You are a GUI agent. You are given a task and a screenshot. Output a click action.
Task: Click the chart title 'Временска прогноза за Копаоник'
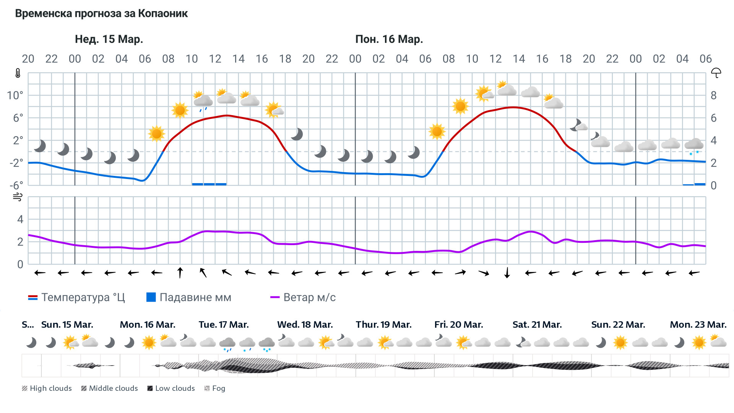point(101,14)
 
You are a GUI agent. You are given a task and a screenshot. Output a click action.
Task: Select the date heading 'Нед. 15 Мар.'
point(109,39)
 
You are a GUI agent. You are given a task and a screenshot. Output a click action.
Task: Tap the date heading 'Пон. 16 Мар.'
point(389,39)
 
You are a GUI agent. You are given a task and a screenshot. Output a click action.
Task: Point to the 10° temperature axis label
point(15,95)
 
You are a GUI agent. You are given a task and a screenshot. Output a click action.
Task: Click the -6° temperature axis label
point(16,185)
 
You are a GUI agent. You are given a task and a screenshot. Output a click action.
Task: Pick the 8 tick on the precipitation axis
point(713,95)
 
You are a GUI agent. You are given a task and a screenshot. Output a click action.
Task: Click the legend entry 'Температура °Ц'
point(76,297)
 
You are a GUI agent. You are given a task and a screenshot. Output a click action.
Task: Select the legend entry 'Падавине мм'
point(189,297)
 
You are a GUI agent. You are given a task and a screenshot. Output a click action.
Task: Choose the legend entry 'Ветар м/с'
point(303,297)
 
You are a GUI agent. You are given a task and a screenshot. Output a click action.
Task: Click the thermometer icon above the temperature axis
point(18,73)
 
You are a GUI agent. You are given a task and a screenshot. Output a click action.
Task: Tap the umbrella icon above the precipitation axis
point(716,73)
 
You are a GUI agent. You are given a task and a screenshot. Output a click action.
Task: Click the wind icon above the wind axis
point(18,197)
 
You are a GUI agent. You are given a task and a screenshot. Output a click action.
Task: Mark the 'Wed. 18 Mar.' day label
point(305,325)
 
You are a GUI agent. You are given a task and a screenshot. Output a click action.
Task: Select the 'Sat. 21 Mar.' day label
point(537,325)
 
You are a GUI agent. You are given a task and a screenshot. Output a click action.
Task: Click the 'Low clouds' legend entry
point(171,388)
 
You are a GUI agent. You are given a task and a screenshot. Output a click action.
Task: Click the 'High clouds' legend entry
point(47,388)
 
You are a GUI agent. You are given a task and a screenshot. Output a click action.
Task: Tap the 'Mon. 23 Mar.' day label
point(698,325)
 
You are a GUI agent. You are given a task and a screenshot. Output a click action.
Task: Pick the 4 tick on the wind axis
point(20,219)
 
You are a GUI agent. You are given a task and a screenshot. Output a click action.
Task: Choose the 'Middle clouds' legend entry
point(110,388)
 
